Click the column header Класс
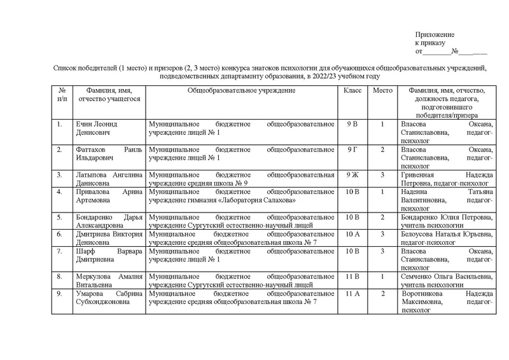[352, 92]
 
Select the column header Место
[382, 92]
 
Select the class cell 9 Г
[352, 149]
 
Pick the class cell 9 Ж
[352, 174]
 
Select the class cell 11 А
[352, 294]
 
